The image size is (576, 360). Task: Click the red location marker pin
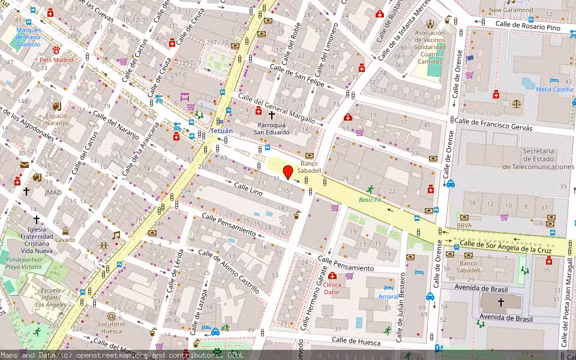(x=288, y=172)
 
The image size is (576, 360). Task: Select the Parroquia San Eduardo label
(x=271, y=128)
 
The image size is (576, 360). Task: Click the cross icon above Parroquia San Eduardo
(x=271, y=114)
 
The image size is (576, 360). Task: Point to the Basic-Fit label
(x=370, y=200)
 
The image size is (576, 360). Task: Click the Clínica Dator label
(x=332, y=289)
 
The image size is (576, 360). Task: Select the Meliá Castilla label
(x=554, y=89)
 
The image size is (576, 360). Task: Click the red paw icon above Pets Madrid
(x=56, y=50)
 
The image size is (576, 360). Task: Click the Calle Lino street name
(x=248, y=190)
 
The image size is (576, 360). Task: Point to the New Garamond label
(x=511, y=10)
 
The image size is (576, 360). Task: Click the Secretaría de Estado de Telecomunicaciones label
(x=538, y=159)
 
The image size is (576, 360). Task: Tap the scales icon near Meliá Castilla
(x=517, y=103)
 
